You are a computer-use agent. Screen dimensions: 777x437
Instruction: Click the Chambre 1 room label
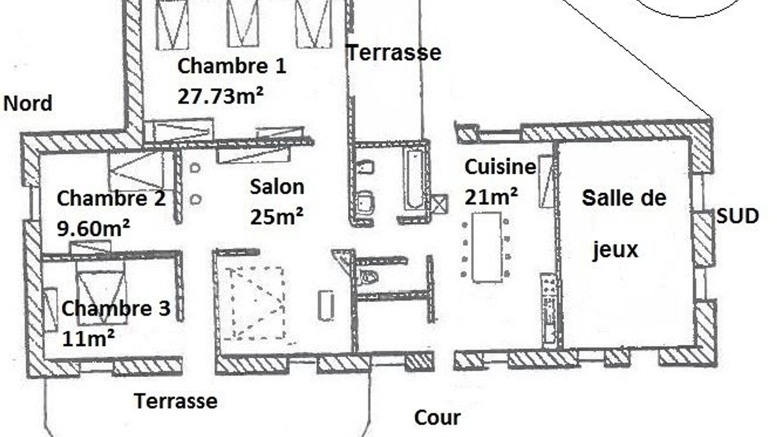(232, 66)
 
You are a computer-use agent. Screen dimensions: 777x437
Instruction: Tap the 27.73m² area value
(220, 96)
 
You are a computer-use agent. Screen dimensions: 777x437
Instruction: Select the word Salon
(277, 187)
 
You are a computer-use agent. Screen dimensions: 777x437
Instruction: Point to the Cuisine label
(500, 167)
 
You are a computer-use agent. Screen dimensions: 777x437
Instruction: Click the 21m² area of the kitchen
(491, 196)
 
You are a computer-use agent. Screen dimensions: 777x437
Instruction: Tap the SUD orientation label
(738, 216)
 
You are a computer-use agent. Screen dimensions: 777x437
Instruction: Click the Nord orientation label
(28, 103)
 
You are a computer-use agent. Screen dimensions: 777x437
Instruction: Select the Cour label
(437, 418)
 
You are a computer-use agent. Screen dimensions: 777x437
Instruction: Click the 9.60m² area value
(93, 228)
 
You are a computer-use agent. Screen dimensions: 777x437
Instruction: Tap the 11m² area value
(88, 338)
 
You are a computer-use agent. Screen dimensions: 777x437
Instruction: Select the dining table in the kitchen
(487, 248)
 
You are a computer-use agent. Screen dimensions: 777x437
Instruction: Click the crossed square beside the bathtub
(439, 205)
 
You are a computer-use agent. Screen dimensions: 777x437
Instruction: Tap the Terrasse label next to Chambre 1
(394, 53)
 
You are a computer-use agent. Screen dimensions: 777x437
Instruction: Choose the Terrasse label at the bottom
(176, 401)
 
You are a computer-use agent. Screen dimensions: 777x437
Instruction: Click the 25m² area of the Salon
(276, 217)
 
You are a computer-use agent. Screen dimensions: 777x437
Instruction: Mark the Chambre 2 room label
(111, 198)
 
